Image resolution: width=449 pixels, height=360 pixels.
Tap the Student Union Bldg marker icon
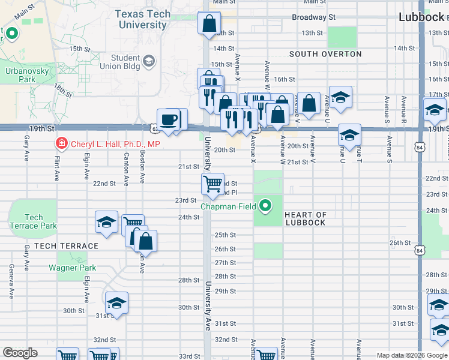(x=149, y=61)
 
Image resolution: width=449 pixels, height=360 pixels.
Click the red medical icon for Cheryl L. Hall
(x=61, y=143)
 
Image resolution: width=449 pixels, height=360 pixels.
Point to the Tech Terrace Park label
(x=33, y=221)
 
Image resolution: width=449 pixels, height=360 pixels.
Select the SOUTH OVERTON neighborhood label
(x=325, y=54)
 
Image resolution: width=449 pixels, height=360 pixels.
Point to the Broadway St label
(x=313, y=17)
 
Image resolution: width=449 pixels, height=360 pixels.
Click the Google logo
(x=20, y=353)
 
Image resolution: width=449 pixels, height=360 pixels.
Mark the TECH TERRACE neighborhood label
(x=66, y=246)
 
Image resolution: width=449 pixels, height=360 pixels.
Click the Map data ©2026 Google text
(x=412, y=355)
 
